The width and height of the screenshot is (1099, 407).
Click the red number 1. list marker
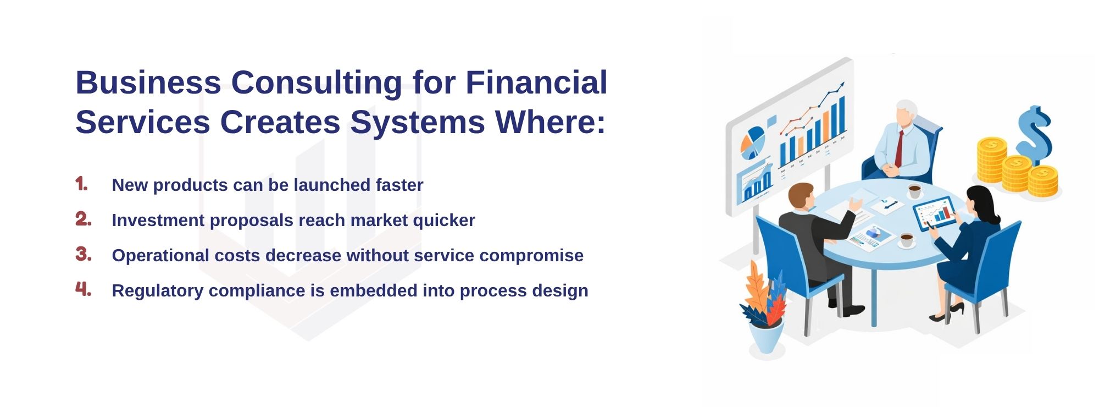coord(82,184)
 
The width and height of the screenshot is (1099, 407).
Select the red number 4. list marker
coord(83,289)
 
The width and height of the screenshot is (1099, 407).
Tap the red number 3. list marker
coord(83,254)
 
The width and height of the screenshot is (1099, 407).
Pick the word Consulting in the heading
coord(317,84)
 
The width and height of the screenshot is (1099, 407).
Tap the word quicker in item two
coord(443,221)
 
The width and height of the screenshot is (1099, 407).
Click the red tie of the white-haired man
coord(899,148)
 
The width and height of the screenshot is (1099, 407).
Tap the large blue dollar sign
coord(1034,134)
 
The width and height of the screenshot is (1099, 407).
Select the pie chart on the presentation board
coord(752,142)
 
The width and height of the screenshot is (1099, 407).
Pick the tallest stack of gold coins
coord(991,159)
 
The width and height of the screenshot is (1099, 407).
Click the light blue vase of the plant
coord(767,337)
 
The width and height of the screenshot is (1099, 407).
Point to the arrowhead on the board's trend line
coord(840,86)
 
